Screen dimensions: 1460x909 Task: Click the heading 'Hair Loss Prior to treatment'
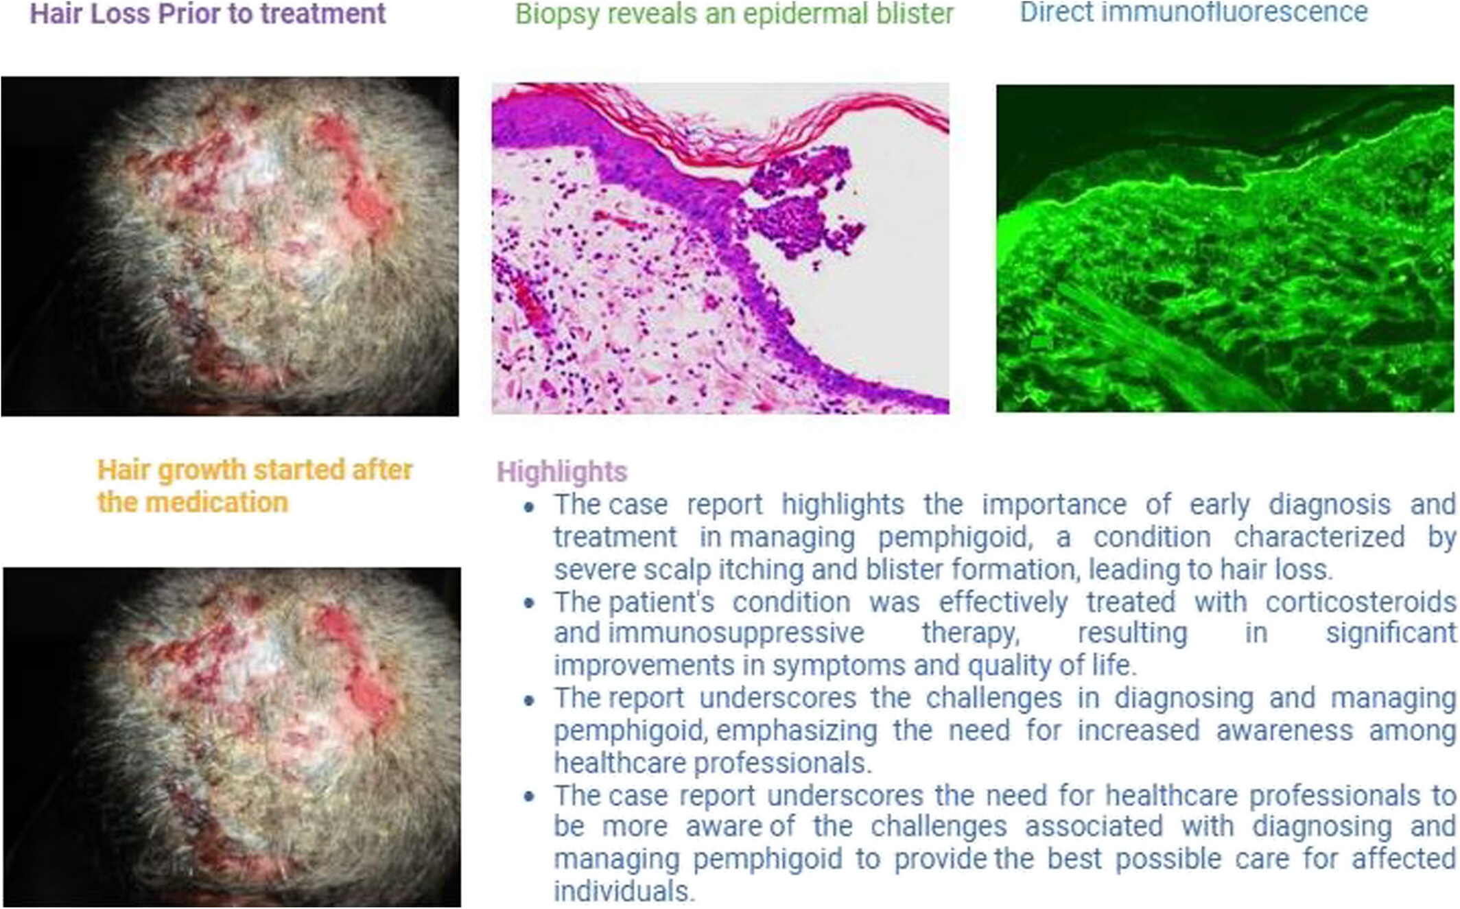(x=208, y=14)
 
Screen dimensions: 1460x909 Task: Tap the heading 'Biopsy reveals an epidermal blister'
(x=735, y=14)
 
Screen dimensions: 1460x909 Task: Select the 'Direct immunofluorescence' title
(x=1194, y=12)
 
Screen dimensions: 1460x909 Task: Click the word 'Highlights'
(x=562, y=472)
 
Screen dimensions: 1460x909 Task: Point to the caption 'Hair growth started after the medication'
(x=255, y=486)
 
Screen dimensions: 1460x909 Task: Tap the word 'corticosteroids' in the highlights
(x=1361, y=602)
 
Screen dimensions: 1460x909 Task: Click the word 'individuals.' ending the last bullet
(x=624, y=891)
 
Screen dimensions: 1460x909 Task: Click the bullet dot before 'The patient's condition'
(x=529, y=604)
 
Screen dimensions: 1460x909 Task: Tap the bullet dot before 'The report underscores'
(x=529, y=700)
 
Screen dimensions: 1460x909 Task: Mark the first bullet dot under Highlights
(x=529, y=507)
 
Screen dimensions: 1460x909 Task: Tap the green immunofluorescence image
(x=1225, y=248)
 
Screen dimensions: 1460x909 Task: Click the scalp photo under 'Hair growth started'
(x=232, y=737)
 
